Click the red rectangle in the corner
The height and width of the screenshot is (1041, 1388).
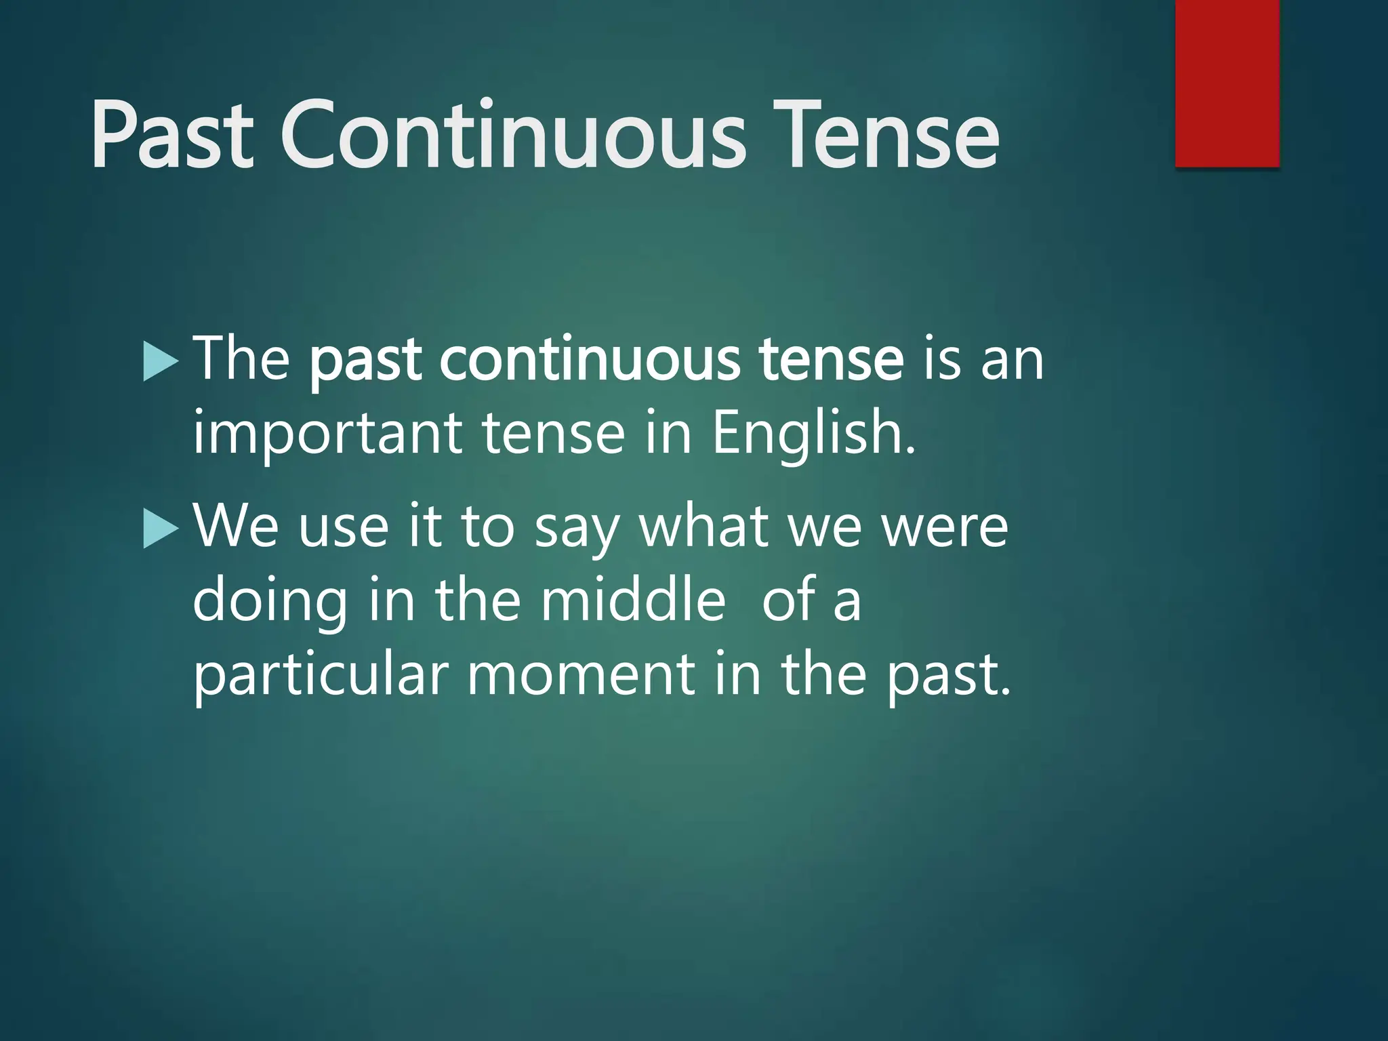pyautogui.click(x=1227, y=83)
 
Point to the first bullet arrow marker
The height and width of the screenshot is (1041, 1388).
pyautogui.click(x=161, y=362)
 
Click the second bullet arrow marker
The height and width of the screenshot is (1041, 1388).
pyautogui.click(x=161, y=529)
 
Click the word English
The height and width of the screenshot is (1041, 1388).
pyautogui.click(x=813, y=435)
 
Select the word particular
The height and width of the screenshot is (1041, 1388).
pyautogui.click(x=320, y=676)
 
